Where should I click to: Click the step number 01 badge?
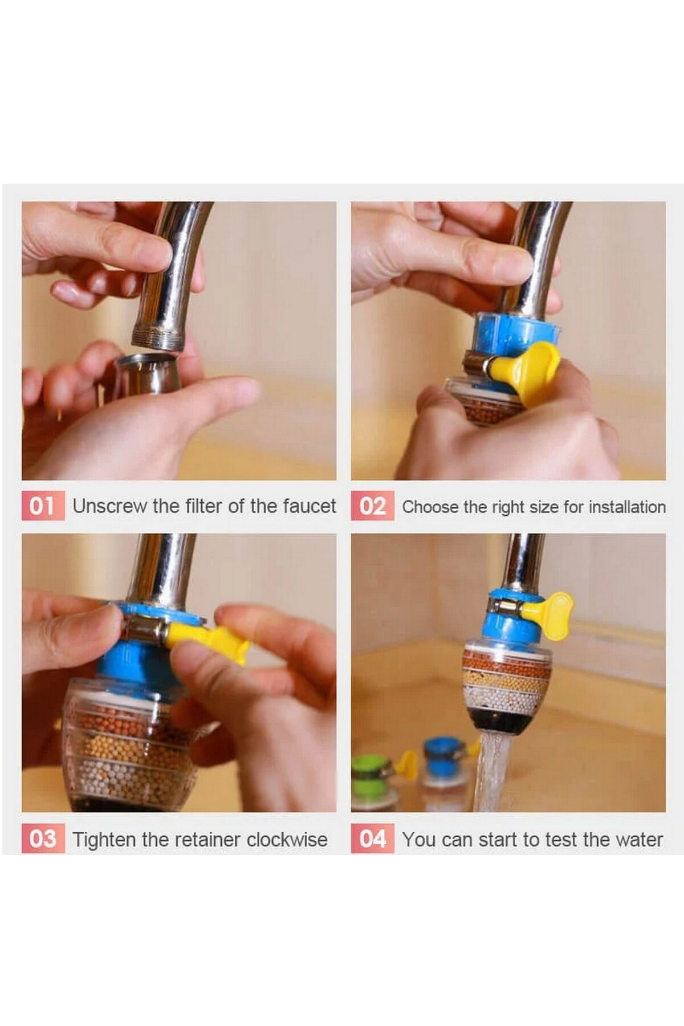coord(43,506)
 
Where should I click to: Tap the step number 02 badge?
coord(372,506)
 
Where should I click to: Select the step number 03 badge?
coord(43,839)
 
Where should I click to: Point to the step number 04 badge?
coord(372,839)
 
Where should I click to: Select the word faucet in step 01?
coord(308,506)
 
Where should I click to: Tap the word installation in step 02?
coord(627,507)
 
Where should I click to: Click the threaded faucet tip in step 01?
coord(158,336)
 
